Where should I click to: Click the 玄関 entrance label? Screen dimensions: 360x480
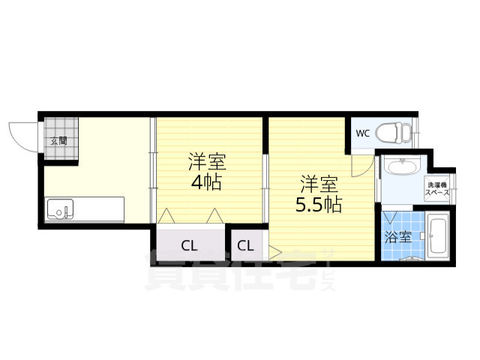tap(58, 140)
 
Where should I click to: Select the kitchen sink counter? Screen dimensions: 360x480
tap(85, 208)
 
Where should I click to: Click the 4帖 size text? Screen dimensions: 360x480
tap(205, 181)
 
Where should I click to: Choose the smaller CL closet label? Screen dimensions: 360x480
tap(246, 244)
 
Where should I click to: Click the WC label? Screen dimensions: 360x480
tap(362, 134)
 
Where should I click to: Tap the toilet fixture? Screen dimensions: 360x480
tap(394, 133)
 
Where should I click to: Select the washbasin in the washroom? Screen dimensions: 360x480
tap(400, 167)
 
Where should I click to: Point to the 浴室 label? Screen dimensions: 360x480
tap(398, 238)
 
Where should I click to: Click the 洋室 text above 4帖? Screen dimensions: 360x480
tap(205, 161)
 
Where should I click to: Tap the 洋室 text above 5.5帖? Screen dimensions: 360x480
tap(319, 182)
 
